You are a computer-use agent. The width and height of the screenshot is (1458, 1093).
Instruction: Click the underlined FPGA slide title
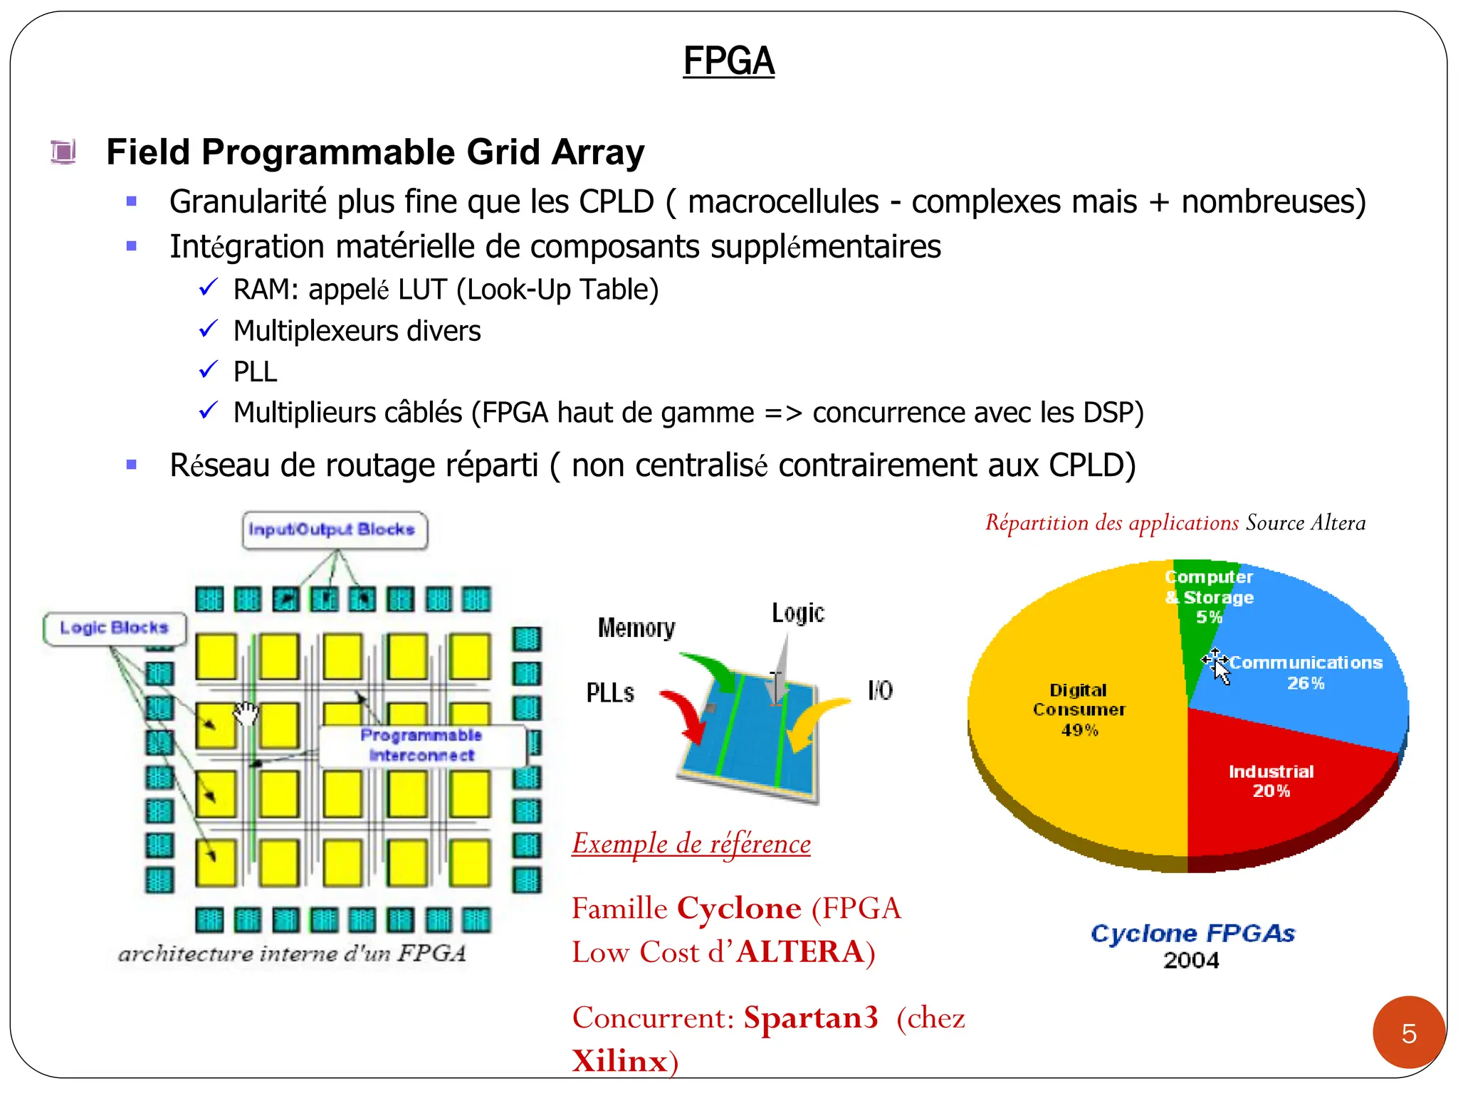[x=728, y=61]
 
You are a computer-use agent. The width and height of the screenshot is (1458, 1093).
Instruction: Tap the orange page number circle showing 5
[x=1408, y=1033]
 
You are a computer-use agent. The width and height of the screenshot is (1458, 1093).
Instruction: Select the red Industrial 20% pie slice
[x=1274, y=790]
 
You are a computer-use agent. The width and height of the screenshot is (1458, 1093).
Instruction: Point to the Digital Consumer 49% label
[x=1079, y=709]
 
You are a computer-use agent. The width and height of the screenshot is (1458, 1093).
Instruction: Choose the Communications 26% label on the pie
[x=1306, y=672]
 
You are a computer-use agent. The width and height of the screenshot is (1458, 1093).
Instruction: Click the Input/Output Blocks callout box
[x=334, y=530]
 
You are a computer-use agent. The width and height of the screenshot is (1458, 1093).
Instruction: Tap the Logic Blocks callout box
[x=115, y=628]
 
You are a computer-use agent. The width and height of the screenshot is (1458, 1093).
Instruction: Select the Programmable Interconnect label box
[x=421, y=745]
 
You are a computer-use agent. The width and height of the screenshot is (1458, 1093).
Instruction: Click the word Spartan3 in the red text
[x=810, y=1018]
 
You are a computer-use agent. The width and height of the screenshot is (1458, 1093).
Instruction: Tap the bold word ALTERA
[x=799, y=952]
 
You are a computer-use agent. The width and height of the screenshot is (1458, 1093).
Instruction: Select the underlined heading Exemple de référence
[x=691, y=844]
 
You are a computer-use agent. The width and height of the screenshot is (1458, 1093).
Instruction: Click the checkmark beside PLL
[x=208, y=370]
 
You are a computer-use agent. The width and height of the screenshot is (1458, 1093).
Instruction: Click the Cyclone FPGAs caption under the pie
[x=1192, y=933]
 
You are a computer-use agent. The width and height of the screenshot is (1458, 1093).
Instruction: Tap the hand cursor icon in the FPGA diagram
[x=246, y=712]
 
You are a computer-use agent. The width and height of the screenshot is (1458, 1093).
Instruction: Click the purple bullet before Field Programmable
[x=63, y=152]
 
